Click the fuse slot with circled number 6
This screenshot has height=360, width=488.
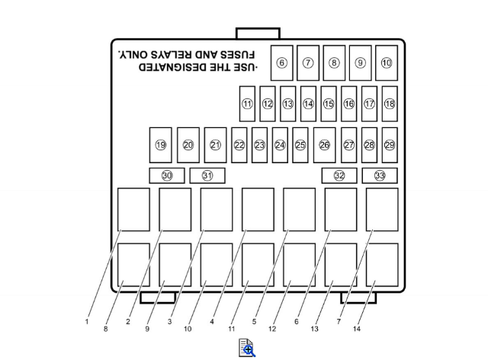point(281,63)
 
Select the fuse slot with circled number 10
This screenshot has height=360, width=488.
point(387,63)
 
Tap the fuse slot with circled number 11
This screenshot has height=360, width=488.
point(247,104)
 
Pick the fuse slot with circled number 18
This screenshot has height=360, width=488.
point(390,104)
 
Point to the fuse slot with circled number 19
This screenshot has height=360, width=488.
point(161,145)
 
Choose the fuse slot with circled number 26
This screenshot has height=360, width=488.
point(324,145)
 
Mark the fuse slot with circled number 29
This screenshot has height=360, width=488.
point(390,145)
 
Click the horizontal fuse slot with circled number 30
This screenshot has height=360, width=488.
point(167,175)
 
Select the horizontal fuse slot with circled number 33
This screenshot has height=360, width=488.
point(380,175)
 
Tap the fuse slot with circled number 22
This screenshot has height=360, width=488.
point(239,145)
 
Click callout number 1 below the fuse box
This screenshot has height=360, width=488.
point(87,322)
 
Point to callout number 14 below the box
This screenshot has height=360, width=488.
point(357,329)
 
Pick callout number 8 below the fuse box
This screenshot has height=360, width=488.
point(106,329)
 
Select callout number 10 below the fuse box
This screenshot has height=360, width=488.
point(188,329)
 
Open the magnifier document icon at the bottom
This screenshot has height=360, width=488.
point(247,348)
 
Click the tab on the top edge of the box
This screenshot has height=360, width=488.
point(258,34)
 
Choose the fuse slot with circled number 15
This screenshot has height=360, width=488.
point(329,104)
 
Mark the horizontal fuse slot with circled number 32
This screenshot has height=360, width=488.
point(339,175)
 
